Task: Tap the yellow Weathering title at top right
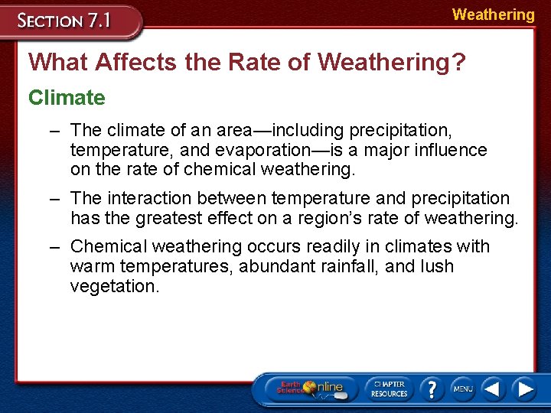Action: tap(493, 15)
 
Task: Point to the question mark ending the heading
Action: tap(458, 61)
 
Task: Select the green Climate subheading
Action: tap(67, 98)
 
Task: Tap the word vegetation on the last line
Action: tap(115, 287)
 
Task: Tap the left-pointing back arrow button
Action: tap(494, 389)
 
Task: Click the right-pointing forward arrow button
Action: tap(525, 389)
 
